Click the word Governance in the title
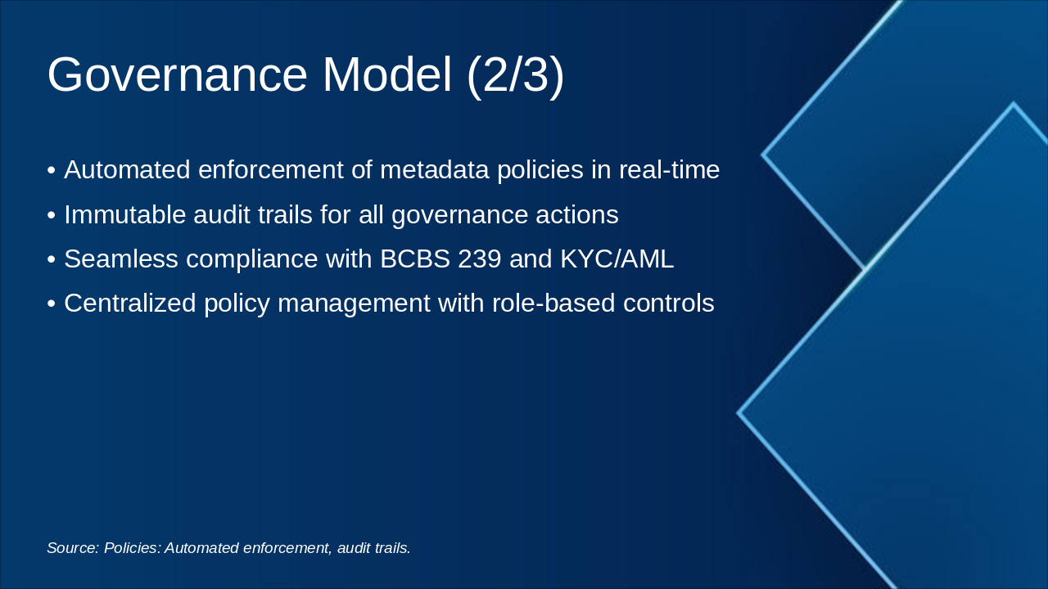pyautogui.click(x=178, y=74)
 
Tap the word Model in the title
pyautogui.click(x=387, y=74)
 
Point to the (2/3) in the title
pyautogui.click(x=516, y=77)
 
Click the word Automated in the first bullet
pyautogui.click(x=127, y=169)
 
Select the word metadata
pyautogui.click(x=435, y=169)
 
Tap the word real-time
pyautogui.click(x=670, y=169)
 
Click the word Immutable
pyautogui.click(x=125, y=214)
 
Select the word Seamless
pyautogui.click(x=121, y=259)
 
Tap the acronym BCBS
pyautogui.click(x=415, y=259)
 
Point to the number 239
pyautogui.click(x=480, y=259)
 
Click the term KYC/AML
pyautogui.click(x=617, y=259)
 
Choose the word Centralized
pyautogui.click(x=130, y=303)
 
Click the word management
pyautogui.click(x=355, y=303)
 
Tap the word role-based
pyautogui.click(x=553, y=303)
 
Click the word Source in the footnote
pyautogui.click(x=73, y=548)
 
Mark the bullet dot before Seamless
pyautogui.click(x=52, y=260)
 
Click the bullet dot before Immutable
pyautogui.click(x=52, y=216)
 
